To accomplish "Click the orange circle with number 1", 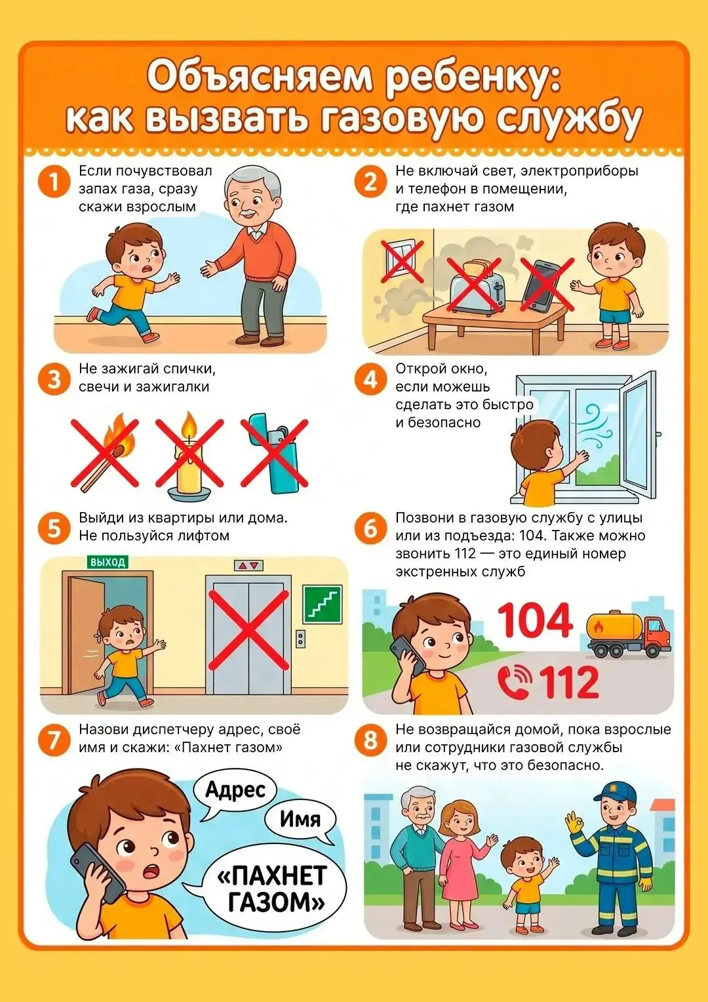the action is (54, 182).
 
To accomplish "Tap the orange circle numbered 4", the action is (370, 380).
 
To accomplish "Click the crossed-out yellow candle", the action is (189, 454).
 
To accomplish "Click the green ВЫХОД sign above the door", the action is (108, 562).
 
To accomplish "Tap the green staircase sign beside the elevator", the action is (323, 604).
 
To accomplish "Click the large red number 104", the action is (535, 620).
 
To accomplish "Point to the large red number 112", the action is (568, 683).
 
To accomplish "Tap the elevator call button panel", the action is (300, 639).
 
